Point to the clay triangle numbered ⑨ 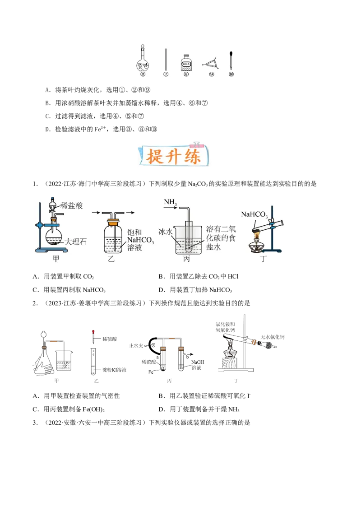coord(211,63)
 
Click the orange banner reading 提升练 coord(179,155)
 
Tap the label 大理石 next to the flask coord(75,242)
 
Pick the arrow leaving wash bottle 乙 coord(130,212)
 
